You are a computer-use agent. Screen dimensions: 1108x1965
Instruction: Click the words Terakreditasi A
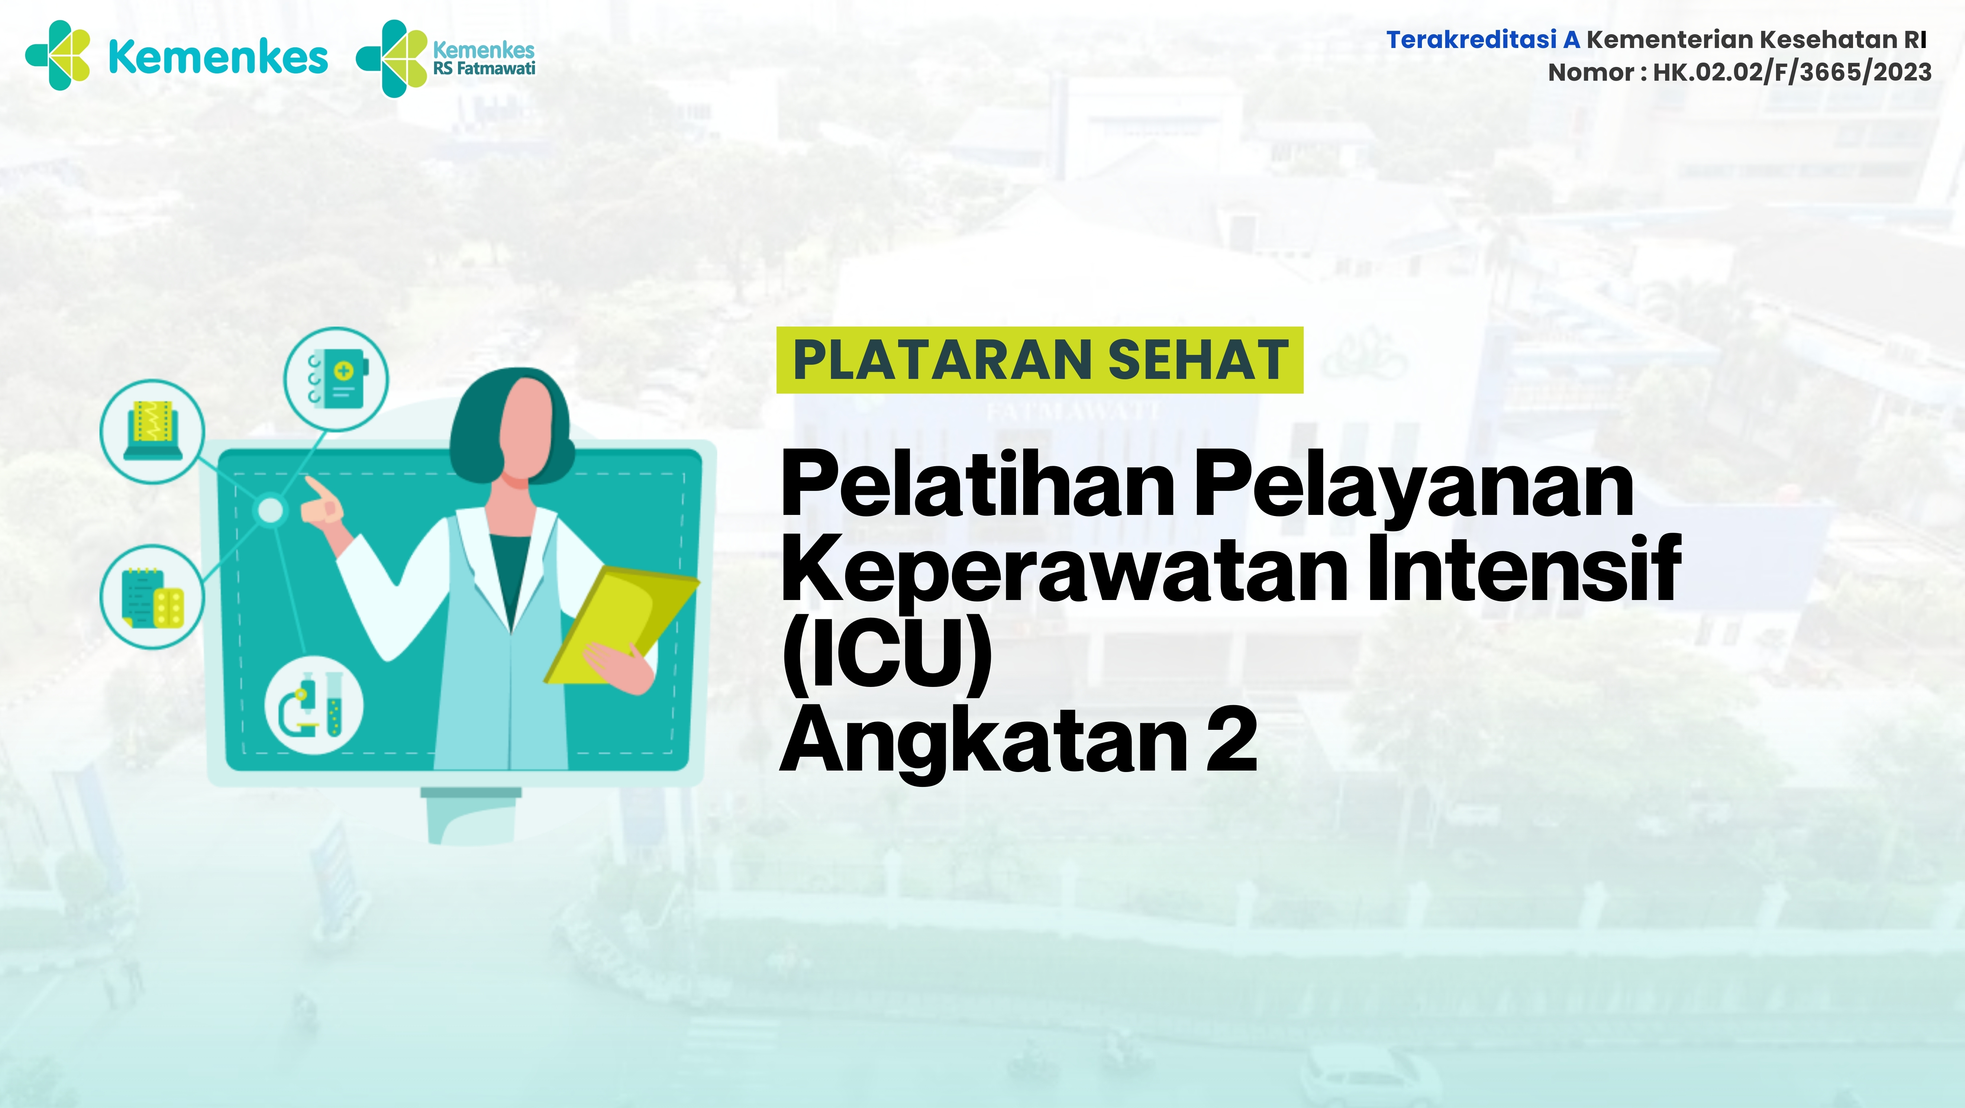coord(1482,40)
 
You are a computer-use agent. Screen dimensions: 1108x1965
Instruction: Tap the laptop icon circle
coord(153,431)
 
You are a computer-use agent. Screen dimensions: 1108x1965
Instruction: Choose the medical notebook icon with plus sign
coord(336,379)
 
